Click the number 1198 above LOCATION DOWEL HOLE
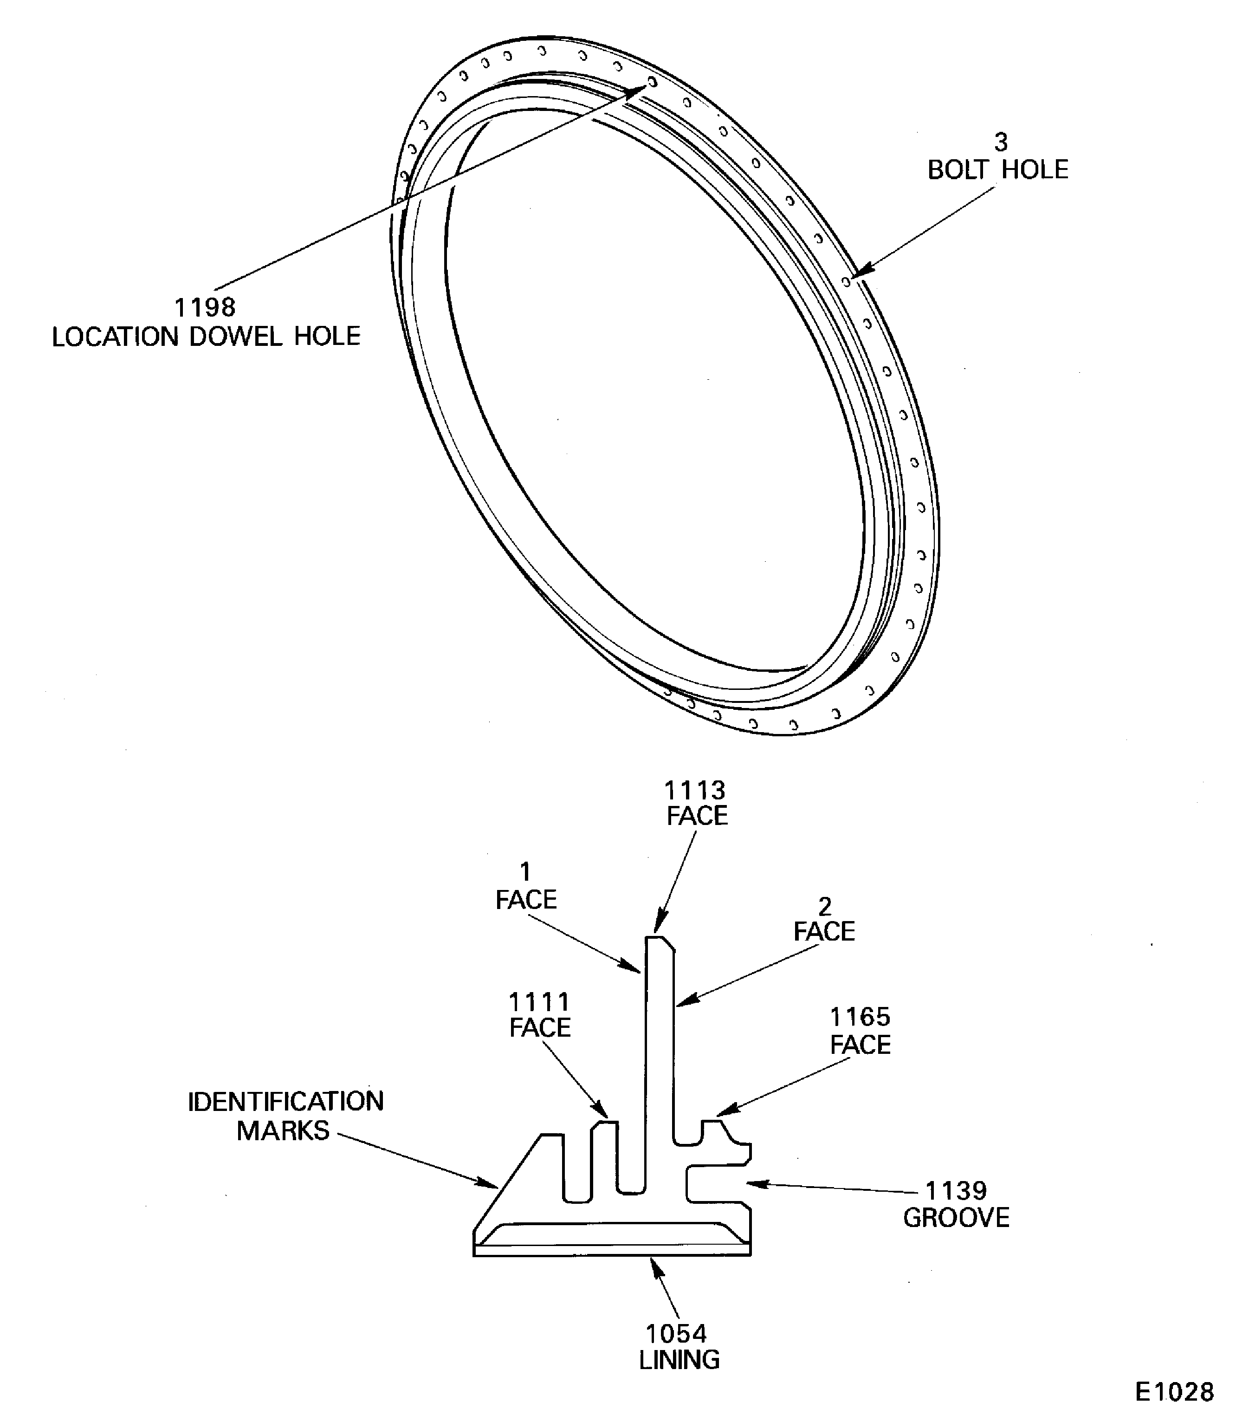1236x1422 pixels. pos(205,307)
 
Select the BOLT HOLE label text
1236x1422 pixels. pos(997,170)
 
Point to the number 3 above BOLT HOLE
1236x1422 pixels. pos(1000,142)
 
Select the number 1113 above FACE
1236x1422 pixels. pos(694,790)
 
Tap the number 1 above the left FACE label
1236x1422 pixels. pos(525,872)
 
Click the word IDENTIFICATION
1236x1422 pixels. pos(285,1102)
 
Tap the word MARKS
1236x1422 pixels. pos(283,1131)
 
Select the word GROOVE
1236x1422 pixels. pos(956,1218)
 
